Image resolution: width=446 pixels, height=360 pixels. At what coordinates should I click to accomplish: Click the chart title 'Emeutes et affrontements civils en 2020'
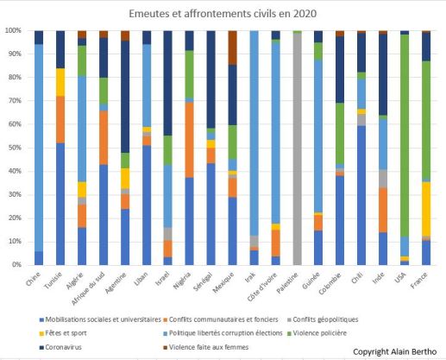(223, 14)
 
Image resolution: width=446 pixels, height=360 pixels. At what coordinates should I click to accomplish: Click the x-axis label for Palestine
(290, 282)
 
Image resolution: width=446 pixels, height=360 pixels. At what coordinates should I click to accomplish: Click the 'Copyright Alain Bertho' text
(395, 351)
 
